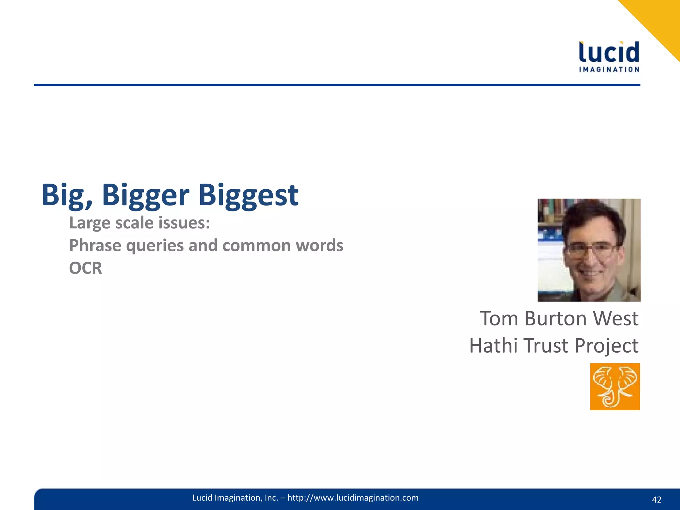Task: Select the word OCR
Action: click(85, 268)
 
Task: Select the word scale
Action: click(134, 223)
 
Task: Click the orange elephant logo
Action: click(615, 386)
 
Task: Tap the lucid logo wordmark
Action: click(609, 52)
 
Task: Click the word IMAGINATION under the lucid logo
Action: click(609, 69)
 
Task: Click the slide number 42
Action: click(656, 500)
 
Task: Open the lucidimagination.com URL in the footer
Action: click(353, 498)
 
